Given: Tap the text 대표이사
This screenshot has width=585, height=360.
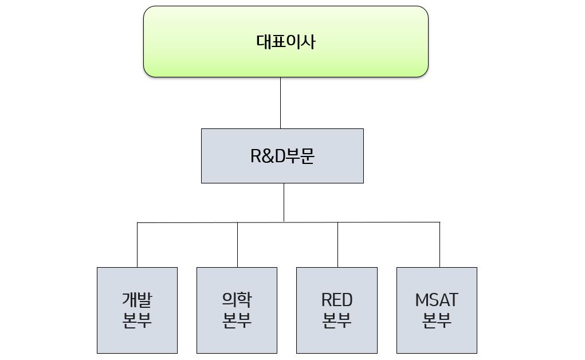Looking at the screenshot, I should pyautogui.click(x=285, y=42).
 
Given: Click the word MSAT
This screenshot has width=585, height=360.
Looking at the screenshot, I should pyautogui.click(x=437, y=300).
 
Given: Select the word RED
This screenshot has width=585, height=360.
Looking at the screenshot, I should pyautogui.click(x=337, y=300).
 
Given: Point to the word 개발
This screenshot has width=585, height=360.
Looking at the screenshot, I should pyautogui.click(x=137, y=300).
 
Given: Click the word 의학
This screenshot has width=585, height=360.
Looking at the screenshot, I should pyautogui.click(x=237, y=300).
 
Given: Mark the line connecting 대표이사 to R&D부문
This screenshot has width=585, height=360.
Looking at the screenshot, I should pyautogui.click(x=280, y=103).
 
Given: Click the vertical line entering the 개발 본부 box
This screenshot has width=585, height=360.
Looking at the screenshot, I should pyautogui.click(x=138, y=245).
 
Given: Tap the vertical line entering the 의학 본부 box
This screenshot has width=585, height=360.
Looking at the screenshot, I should pyautogui.click(x=237, y=245).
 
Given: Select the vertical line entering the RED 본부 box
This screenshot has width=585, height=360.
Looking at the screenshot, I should pyautogui.click(x=337, y=245).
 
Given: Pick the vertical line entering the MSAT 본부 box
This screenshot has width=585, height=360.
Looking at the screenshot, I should pyautogui.click(x=439, y=245).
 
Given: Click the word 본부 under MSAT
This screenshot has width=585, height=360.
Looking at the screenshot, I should pyautogui.click(x=437, y=320).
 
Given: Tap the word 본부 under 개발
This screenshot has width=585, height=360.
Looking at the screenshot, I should pyautogui.click(x=137, y=320).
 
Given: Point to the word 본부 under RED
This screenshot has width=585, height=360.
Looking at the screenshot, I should pyautogui.click(x=337, y=320).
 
